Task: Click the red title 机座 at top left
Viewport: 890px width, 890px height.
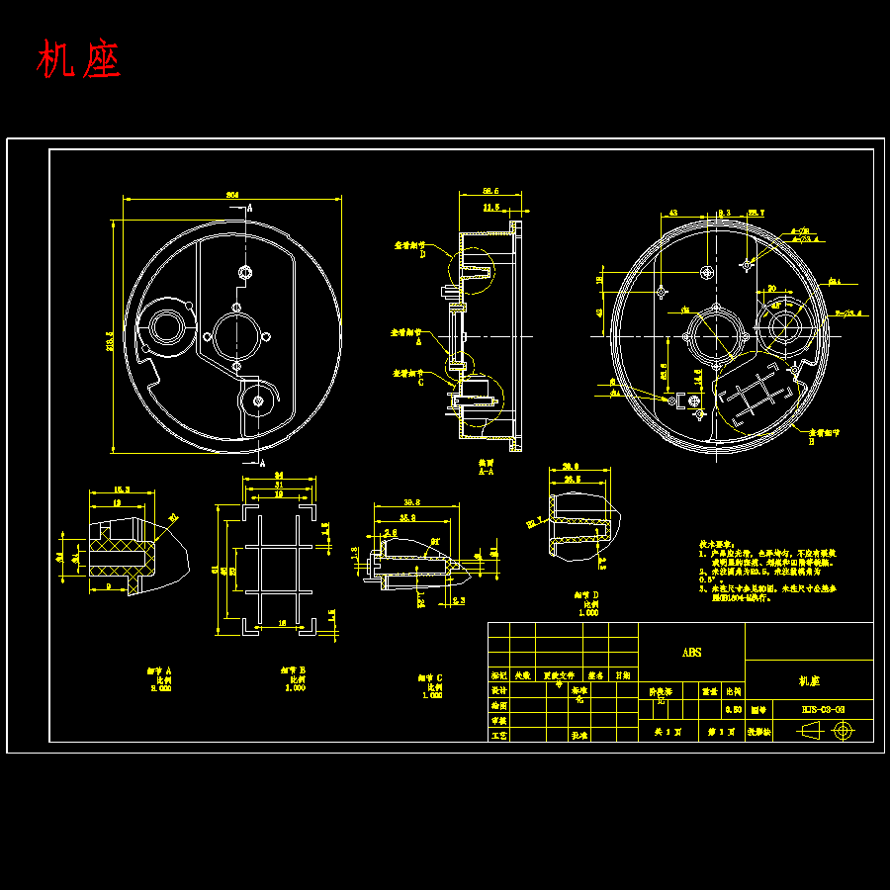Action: coord(79,61)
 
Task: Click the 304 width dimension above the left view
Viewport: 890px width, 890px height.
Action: coord(232,195)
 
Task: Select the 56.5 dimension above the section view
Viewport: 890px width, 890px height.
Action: coord(489,191)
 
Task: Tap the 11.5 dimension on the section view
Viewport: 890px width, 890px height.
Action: coord(490,209)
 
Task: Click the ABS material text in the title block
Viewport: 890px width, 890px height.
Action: coord(691,653)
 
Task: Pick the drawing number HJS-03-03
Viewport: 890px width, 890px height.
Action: coord(823,710)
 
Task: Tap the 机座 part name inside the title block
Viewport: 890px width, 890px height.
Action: coord(808,681)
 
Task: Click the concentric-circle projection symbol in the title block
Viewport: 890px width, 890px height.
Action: coord(843,731)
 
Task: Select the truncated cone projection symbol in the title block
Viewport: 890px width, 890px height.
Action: coord(807,731)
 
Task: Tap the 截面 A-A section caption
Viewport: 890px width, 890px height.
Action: coord(487,467)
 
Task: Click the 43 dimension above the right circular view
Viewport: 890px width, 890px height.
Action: coord(673,213)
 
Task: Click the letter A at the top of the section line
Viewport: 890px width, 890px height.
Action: coord(249,208)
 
